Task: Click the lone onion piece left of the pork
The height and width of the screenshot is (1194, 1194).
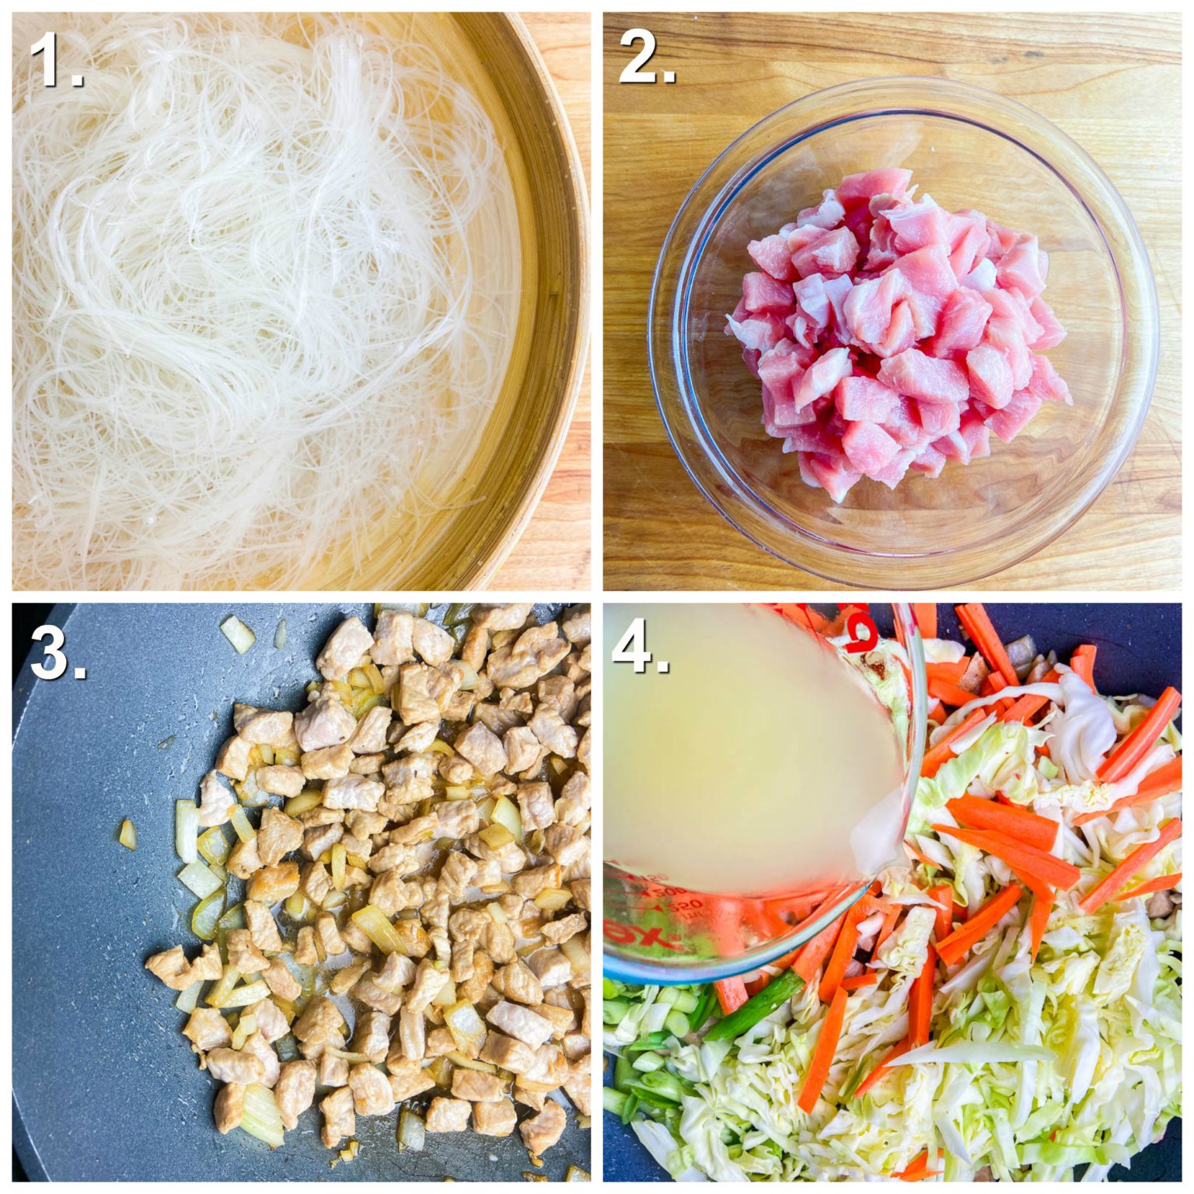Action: (127, 833)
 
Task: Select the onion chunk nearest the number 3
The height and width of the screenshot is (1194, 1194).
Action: (237, 634)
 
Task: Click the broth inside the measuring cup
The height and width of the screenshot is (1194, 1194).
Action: (746, 762)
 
